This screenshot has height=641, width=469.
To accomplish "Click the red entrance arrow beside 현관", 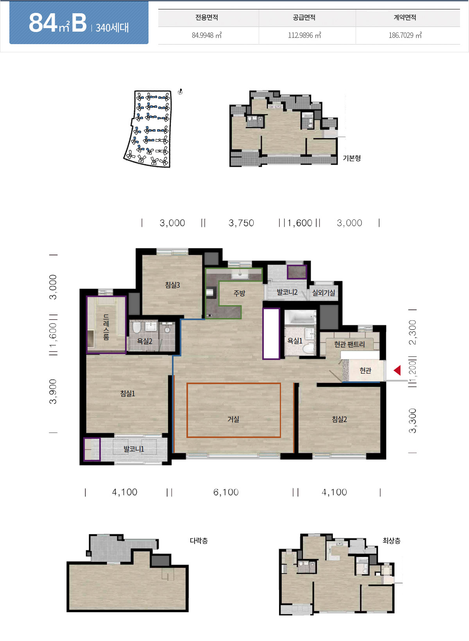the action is (397, 370).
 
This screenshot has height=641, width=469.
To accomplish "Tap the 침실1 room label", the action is (127, 394).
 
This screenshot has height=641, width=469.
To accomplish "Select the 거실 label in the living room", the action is (233, 419).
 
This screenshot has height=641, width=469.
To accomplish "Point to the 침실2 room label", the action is (339, 419).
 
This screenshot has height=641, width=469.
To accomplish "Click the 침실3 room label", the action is (172, 285).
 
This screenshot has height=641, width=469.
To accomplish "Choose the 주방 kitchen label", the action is (239, 293).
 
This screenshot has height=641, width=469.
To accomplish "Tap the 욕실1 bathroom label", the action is (295, 340).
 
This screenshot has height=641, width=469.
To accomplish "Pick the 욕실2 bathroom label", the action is (144, 341).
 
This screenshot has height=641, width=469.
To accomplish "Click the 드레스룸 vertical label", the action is (106, 326).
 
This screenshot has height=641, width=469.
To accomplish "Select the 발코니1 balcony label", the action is (134, 449).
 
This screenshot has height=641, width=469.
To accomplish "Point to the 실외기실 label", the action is (324, 292).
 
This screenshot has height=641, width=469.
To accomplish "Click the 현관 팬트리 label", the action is (349, 344).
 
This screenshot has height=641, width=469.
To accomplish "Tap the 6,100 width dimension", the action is (226, 492).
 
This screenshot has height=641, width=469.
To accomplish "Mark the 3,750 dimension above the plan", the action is (241, 223).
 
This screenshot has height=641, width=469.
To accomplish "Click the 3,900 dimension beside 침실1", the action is (53, 391).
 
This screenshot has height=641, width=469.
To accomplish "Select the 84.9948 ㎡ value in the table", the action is (207, 35).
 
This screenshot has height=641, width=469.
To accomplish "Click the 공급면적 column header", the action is (304, 18).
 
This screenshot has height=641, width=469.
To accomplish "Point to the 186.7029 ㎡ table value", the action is (405, 35).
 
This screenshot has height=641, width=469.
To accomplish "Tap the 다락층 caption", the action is (199, 541).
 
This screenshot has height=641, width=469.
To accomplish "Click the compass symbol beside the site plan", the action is (180, 92).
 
